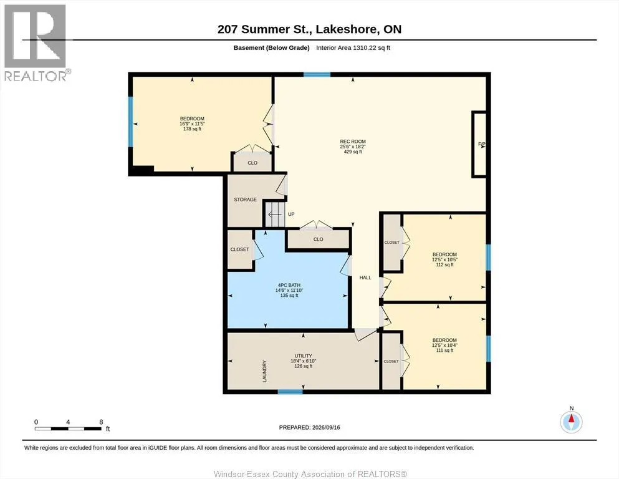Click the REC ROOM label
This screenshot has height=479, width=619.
coord(353,142)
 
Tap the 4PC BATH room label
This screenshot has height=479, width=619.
coord(289,285)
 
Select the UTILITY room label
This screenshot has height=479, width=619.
coord(303,356)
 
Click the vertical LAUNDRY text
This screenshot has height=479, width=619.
coord(264,371)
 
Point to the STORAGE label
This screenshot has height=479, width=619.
coord(245,200)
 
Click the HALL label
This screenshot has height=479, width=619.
coord(365,278)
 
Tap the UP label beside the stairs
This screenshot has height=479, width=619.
coord(291,214)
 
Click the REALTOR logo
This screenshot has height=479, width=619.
coord(36,42)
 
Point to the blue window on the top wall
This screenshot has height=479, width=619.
coord(317,74)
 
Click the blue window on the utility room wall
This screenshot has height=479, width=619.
coord(290,392)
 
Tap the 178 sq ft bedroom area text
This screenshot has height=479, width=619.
coord(192,128)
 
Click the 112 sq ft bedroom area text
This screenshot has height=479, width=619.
coord(444,264)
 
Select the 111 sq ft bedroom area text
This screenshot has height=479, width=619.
coord(444,351)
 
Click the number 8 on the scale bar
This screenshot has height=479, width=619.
coord(101,422)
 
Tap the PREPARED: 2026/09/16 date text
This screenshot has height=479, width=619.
coord(309,427)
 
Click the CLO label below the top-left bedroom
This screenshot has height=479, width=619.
coord(252,163)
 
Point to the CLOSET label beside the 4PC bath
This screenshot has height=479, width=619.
coord(239,249)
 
